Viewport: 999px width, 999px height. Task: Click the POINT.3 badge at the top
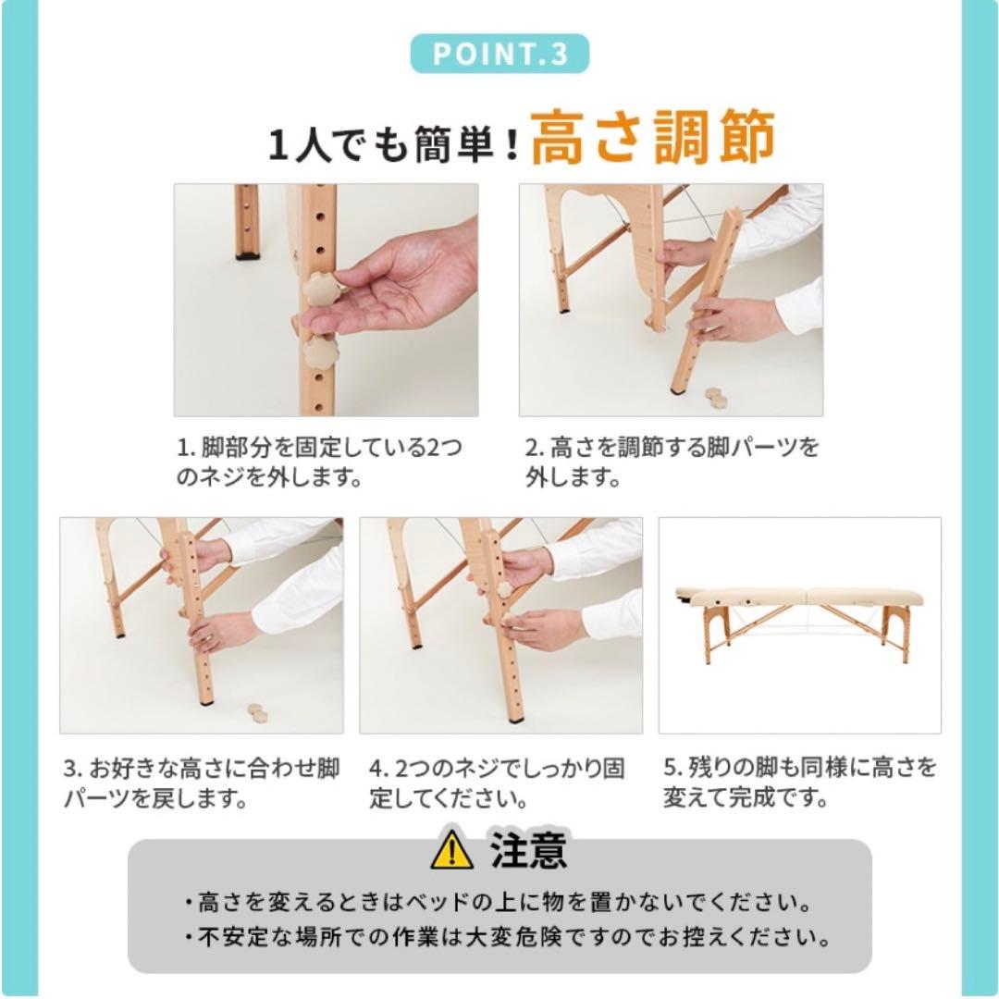[499, 53]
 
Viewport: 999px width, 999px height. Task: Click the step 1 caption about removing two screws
[319, 463]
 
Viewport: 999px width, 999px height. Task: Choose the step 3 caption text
[202, 783]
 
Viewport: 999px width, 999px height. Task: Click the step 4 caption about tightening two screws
[498, 783]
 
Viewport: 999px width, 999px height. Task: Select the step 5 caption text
[799, 783]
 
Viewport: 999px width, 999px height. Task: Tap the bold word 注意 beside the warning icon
[528, 850]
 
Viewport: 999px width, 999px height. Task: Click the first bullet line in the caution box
[499, 901]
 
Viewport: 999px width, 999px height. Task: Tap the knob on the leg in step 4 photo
[505, 589]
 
